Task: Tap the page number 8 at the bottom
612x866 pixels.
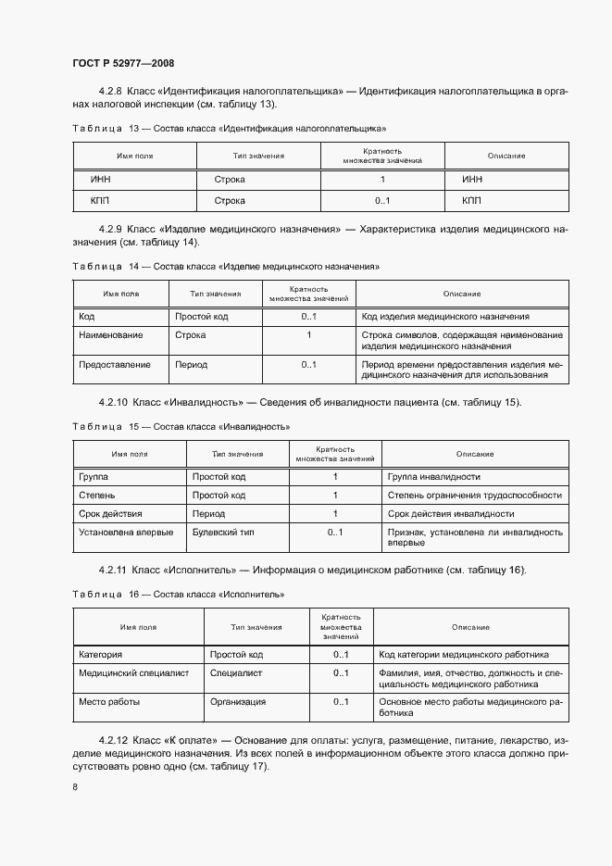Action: coord(75,786)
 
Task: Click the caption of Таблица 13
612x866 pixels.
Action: coord(229,128)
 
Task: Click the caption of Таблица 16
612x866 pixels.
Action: coord(178,593)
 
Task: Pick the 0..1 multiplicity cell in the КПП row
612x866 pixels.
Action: coord(382,201)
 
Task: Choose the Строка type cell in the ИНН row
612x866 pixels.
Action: coord(230,179)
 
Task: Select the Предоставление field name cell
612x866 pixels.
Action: coord(115,365)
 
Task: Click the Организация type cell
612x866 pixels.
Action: coord(238,702)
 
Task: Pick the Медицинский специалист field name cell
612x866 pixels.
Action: coord(133,673)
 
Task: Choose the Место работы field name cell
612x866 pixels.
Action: coord(109,702)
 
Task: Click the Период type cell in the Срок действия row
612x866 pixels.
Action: coord(208,514)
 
